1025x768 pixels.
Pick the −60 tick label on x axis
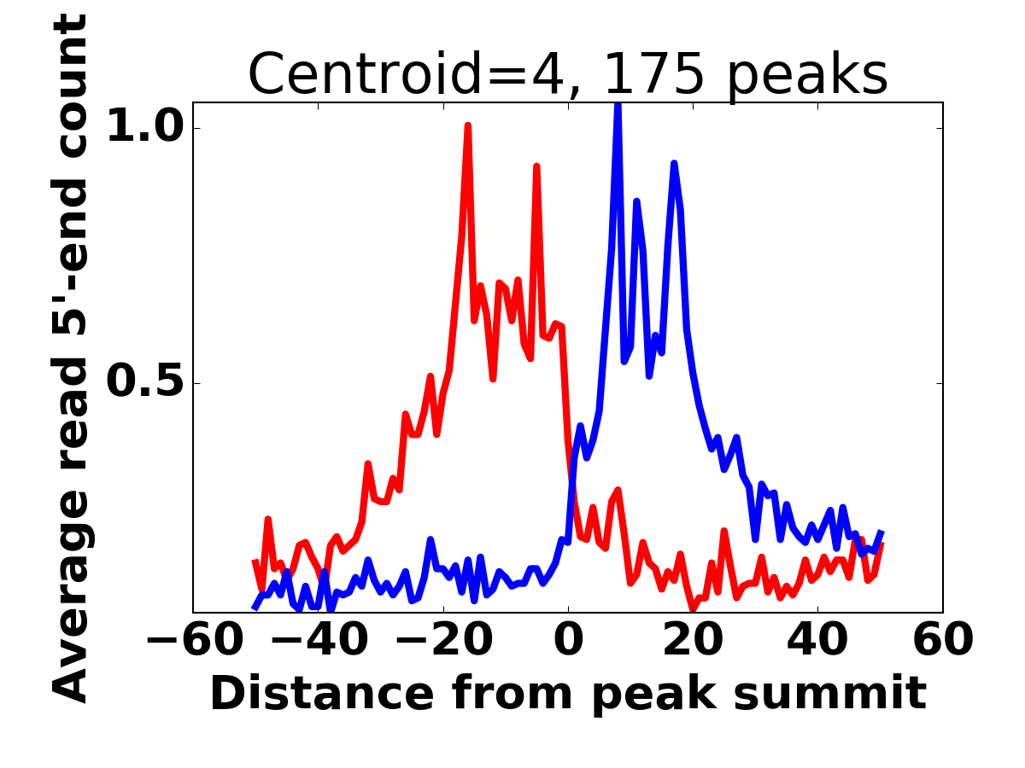click(x=190, y=640)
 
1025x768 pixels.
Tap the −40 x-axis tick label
click(x=316, y=640)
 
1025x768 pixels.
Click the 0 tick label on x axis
click(x=568, y=640)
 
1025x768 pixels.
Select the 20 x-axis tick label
click(x=693, y=640)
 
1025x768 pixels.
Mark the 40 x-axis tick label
click(x=817, y=640)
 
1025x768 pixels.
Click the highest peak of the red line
click(x=468, y=125)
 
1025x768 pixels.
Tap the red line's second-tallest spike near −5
click(x=536, y=166)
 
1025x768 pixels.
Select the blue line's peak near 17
click(x=674, y=163)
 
